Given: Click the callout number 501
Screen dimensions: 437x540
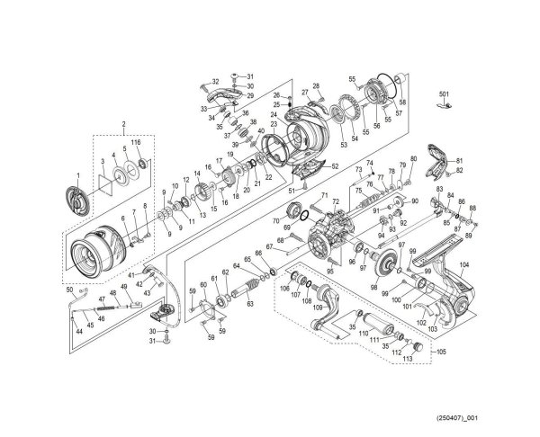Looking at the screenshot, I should (443, 94).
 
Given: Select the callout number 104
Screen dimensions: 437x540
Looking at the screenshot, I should (463, 264).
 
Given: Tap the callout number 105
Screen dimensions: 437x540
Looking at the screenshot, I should (441, 352).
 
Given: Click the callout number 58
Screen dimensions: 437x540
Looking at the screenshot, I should (402, 103).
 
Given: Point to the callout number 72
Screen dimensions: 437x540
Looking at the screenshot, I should (335, 202).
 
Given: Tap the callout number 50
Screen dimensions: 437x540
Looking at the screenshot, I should (70, 289).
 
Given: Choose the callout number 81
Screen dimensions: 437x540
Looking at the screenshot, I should (458, 160).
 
